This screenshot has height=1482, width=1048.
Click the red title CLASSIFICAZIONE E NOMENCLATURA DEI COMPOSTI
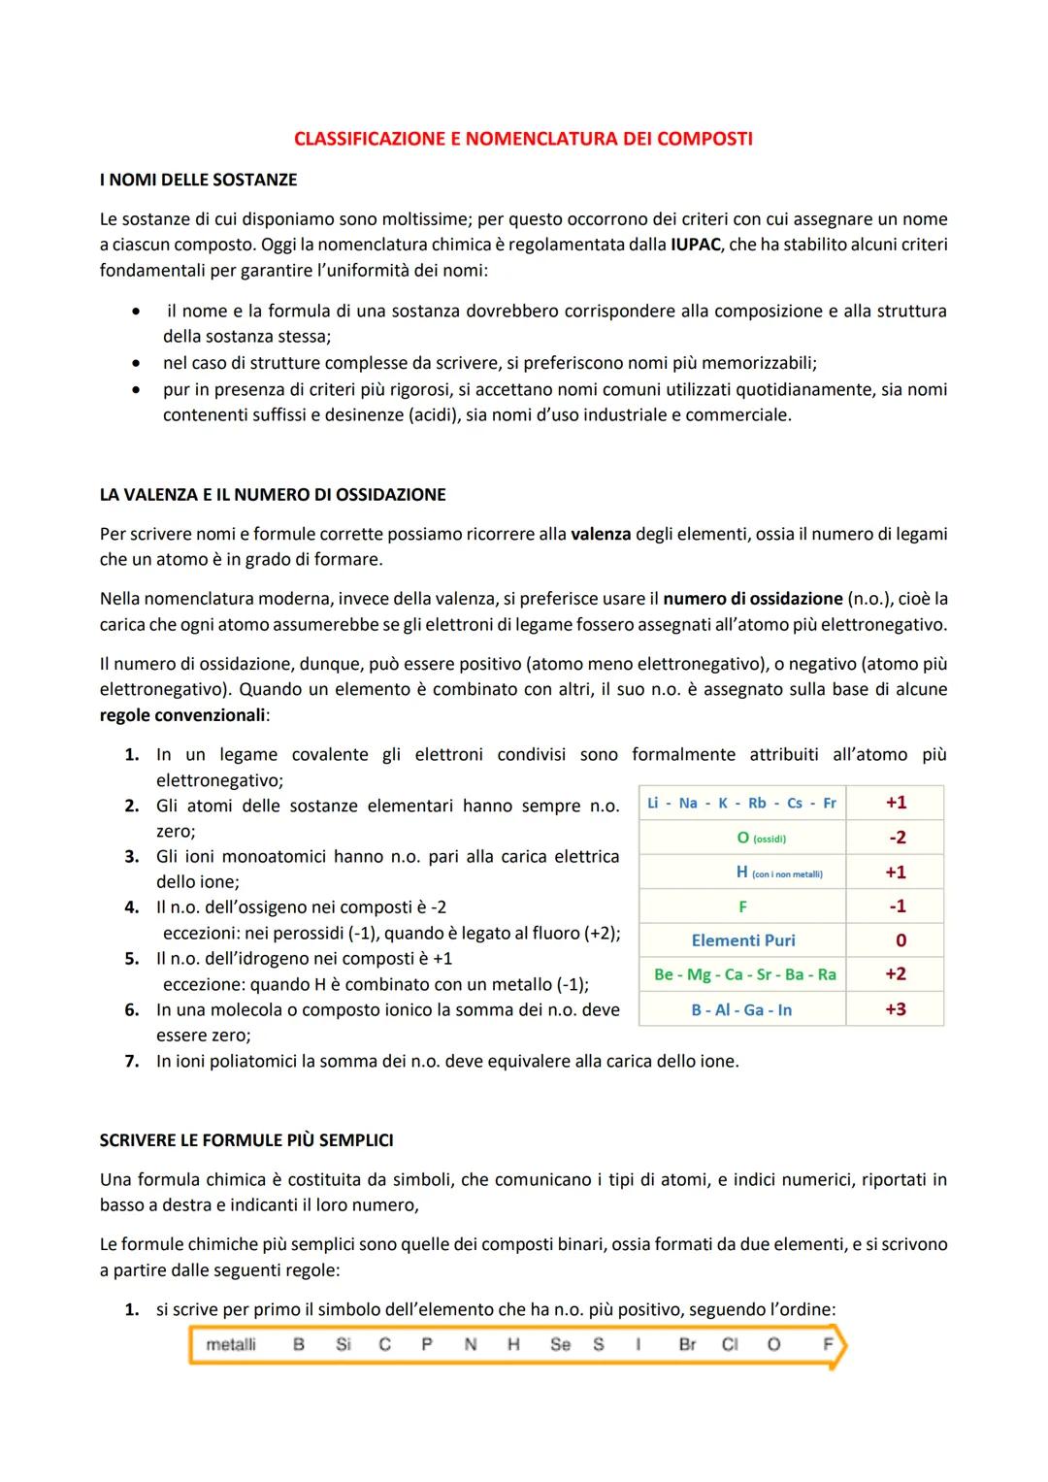pos(523,139)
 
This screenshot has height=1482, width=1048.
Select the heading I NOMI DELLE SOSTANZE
pos(198,180)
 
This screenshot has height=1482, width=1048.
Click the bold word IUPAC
pos(695,245)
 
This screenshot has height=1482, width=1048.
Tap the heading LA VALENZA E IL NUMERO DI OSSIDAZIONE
pos(273,494)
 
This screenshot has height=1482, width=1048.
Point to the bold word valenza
pos(601,534)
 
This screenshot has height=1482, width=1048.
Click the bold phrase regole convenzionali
pos(182,715)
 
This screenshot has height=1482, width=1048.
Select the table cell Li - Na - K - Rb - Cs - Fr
pos(742,803)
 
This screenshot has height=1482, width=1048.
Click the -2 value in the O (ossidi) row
pos(897,837)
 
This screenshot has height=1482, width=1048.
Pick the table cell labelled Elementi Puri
pos(743,940)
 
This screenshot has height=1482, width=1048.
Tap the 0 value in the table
pos(901,940)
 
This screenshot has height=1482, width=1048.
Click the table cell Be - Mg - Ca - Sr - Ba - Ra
pos(744,974)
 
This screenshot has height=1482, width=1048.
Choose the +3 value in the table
pos(895,1009)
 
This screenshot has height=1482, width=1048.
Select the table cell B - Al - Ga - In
pos(741,1009)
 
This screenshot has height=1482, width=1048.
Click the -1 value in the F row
pos(898,906)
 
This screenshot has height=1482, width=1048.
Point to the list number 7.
pos(132,1061)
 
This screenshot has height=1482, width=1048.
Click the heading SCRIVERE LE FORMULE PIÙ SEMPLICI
pos(246,1140)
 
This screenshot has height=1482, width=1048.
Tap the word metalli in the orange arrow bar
pos(231,1344)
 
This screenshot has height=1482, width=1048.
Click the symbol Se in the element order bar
pos(560,1344)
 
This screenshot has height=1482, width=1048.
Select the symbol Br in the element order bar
pos(687,1344)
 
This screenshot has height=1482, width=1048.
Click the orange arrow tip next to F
pos(840,1347)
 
